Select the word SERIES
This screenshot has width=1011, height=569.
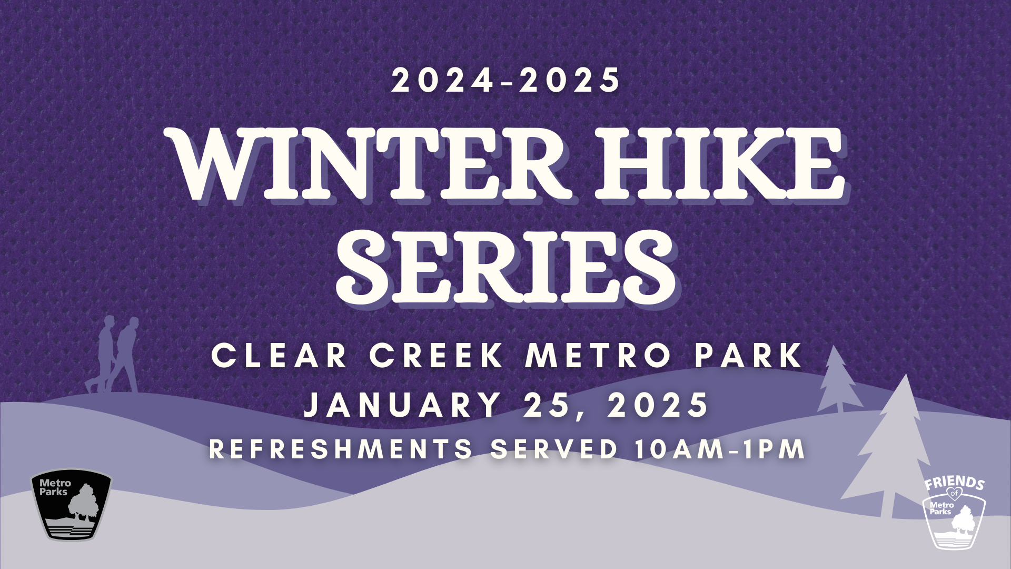(506, 266)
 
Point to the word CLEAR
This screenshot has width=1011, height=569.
(280, 356)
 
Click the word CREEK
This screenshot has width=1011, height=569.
(437, 356)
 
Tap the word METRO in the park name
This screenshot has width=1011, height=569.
(598, 356)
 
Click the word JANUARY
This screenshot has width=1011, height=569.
(402, 405)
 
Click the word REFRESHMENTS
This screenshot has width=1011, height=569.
(341, 449)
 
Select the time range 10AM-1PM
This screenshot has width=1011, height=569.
(720, 449)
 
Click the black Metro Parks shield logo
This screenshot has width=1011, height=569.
(71, 505)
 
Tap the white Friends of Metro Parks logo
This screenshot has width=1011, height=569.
(955, 513)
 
